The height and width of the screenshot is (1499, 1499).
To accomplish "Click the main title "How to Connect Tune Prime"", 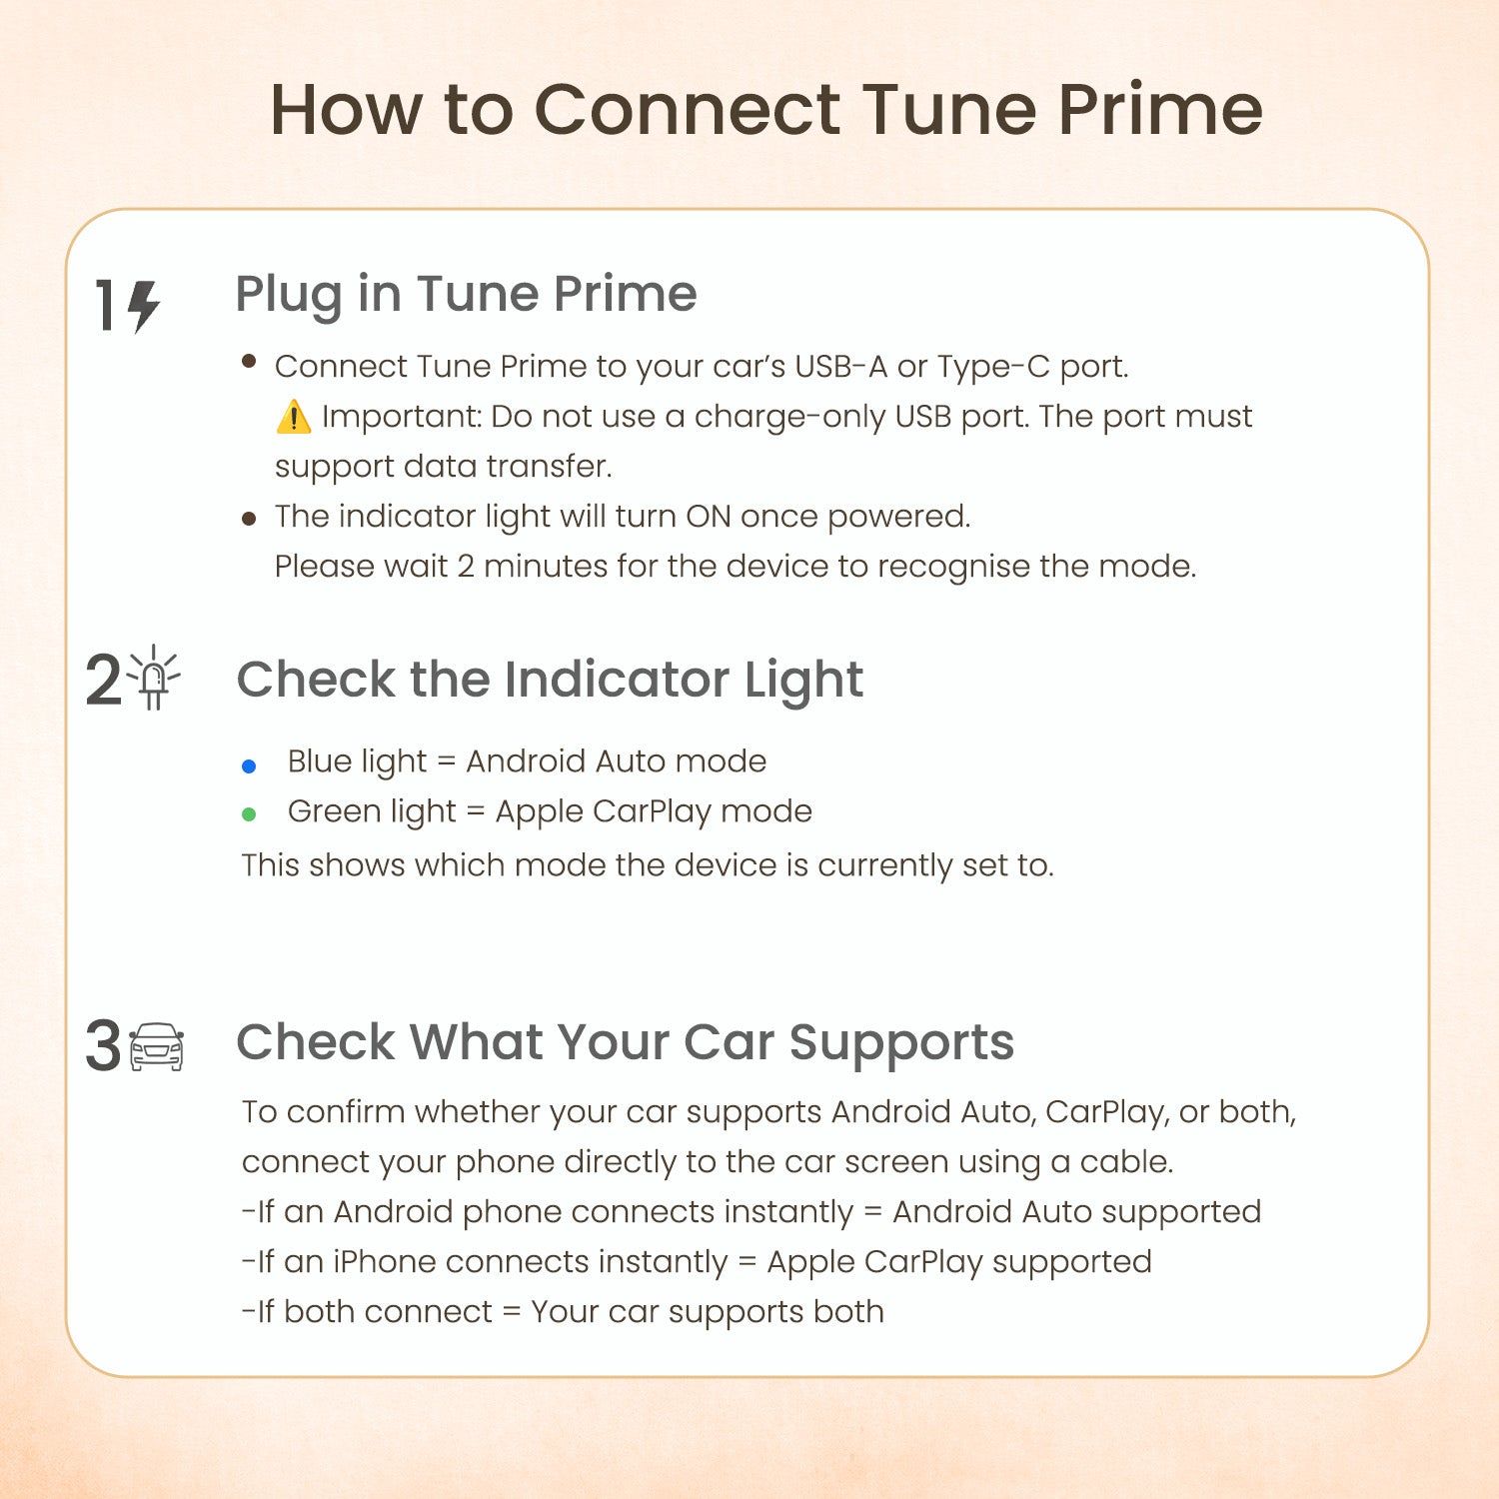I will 765,109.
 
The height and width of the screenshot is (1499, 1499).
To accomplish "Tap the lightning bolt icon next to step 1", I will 144,306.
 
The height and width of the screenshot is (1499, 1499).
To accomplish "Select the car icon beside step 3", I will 157,1047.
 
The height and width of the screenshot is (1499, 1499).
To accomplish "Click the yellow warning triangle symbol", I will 293,417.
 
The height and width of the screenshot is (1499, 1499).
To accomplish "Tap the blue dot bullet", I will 249,766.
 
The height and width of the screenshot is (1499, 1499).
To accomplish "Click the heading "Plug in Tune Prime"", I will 466,294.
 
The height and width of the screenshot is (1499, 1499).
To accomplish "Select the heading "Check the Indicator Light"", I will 550,680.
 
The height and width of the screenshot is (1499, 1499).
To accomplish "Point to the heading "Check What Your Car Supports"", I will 625,1042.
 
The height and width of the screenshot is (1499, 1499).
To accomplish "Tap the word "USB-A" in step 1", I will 840,367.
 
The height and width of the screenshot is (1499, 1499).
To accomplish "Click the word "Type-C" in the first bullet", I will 993,367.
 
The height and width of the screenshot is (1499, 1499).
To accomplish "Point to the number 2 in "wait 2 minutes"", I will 466,567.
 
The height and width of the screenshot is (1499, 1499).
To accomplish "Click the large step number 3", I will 103,1047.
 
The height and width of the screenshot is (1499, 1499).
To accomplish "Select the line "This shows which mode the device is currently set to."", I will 648,865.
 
